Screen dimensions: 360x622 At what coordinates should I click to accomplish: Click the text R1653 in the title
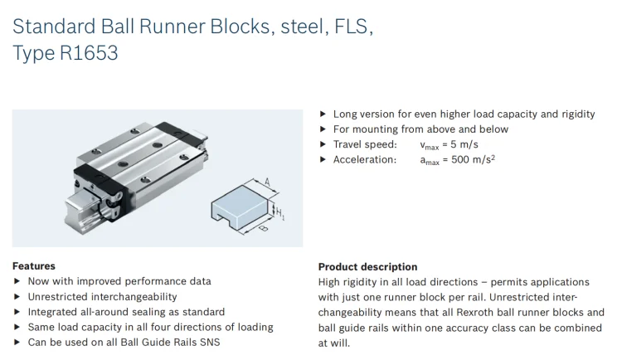(89, 54)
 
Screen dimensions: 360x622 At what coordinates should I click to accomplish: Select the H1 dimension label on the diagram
(280, 213)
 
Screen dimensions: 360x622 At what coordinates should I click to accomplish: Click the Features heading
(34, 266)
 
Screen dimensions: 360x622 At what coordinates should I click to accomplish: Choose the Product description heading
(367, 267)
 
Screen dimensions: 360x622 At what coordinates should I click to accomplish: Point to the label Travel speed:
(365, 144)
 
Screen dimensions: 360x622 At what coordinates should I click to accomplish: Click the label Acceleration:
(365, 159)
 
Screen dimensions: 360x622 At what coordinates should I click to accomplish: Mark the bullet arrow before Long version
(323, 114)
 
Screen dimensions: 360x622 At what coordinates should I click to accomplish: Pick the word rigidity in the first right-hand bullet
(572, 114)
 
